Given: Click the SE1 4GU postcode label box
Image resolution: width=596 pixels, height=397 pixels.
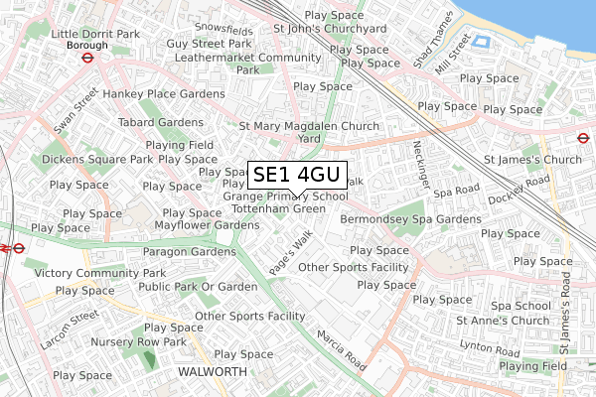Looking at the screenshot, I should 296,176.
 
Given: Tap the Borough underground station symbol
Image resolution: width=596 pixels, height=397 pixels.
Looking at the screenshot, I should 87,58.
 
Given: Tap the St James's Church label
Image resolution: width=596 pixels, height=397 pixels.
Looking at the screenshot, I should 531,160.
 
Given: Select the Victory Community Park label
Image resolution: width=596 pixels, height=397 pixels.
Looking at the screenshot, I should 99,272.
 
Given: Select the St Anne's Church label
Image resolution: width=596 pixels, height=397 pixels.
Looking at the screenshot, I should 502,321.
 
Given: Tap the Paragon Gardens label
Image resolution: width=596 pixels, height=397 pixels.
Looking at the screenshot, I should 194,251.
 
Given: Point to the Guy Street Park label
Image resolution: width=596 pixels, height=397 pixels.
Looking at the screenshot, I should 210,44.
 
